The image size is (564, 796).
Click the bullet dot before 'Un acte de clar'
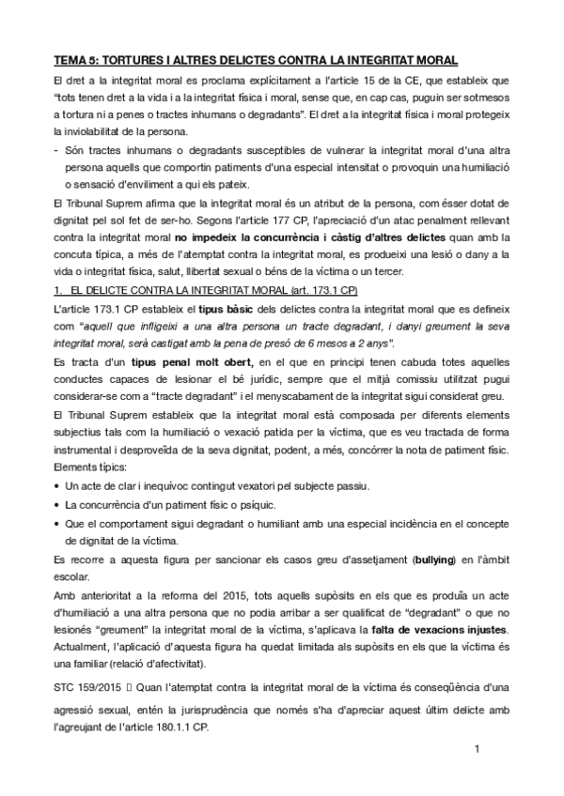pos(57,487)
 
